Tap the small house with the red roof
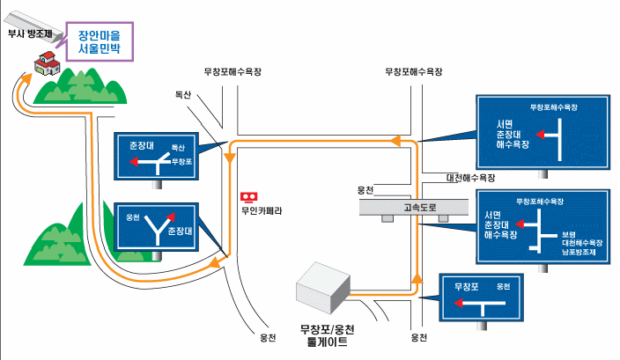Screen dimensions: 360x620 (45, 62)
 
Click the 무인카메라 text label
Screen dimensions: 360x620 (262, 210)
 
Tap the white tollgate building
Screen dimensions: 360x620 (323, 287)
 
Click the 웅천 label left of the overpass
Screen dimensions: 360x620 (365, 190)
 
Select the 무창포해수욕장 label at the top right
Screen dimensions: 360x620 (412, 71)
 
